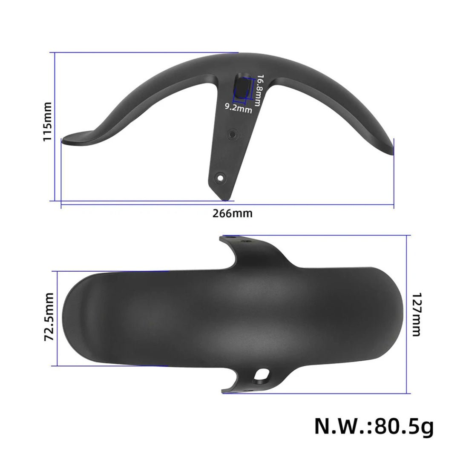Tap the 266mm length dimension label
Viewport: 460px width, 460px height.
232,213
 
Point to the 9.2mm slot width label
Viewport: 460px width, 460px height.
239,109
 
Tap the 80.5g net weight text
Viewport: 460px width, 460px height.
374,426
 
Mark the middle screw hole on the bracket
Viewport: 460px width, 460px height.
232,134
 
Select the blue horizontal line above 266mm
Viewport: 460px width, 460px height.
227,205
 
